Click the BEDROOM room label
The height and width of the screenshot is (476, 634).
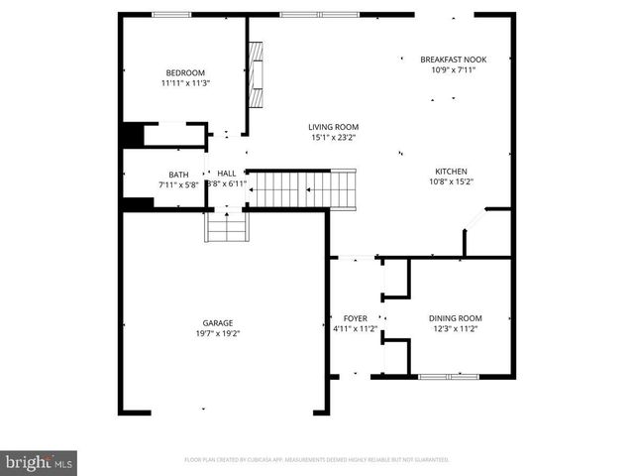pyautogui.click(x=185, y=72)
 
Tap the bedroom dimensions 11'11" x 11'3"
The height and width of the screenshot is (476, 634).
pyautogui.click(x=185, y=83)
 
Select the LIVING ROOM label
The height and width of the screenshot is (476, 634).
pyautogui.click(x=333, y=127)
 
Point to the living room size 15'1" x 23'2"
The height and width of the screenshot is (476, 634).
pyautogui.click(x=333, y=138)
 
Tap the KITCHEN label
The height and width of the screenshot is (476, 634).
pyautogui.click(x=451, y=171)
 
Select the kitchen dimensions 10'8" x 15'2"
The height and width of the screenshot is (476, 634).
pyautogui.click(x=451, y=181)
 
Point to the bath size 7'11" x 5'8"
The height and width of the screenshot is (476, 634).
pyautogui.click(x=178, y=184)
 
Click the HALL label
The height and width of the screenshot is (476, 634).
pyautogui.click(x=227, y=173)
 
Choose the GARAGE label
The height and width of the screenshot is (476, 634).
pyautogui.click(x=218, y=322)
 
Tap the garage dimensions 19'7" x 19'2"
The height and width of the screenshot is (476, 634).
pyautogui.click(x=218, y=333)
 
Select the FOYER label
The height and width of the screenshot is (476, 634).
pyautogui.click(x=355, y=318)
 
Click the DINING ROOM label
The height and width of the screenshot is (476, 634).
pyautogui.click(x=456, y=318)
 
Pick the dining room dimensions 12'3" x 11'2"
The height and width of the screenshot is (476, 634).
pyautogui.click(x=456, y=329)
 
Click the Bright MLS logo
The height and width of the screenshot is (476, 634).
pyautogui.click(x=40, y=461)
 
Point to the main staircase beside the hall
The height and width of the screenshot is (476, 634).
pyautogui.click(x=301, y=187)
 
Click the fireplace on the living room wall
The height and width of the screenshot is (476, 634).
pyautogui.click(x=256, y=76)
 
